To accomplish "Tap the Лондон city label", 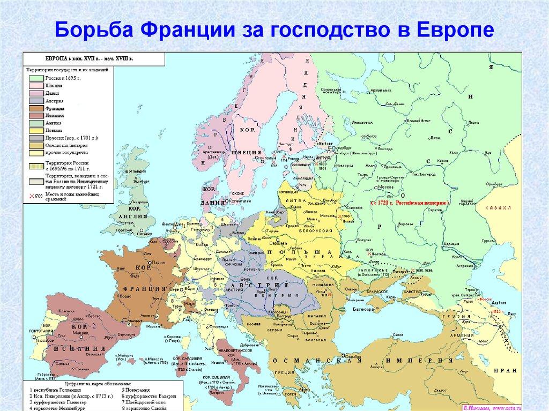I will [x=144, y=234].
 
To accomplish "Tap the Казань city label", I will [x=443, y=160].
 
